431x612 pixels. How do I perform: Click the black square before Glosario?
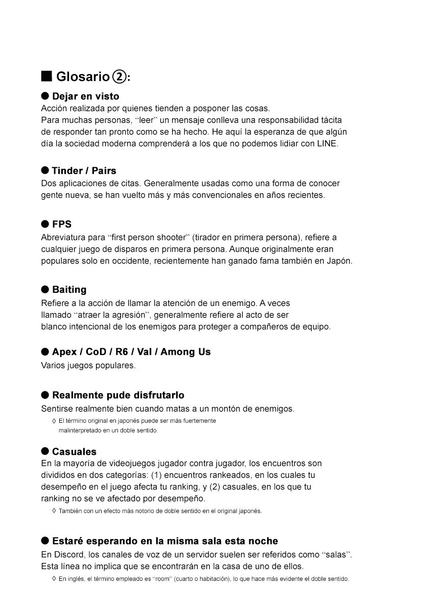point(47,76)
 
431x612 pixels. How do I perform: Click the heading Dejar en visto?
point(85,96)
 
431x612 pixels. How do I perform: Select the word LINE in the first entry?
point(327,143)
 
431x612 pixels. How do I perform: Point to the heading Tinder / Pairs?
point(84,170)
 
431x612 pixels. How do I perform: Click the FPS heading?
point(62,224)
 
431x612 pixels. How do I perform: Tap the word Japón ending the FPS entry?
point(339,261)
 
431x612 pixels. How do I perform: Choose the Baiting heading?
point(69,289)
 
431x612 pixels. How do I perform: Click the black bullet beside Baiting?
point(45,289)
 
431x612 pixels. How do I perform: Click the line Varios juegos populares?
point(88,365)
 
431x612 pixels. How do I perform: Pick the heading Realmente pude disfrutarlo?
point(118,395)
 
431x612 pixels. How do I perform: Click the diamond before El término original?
point(54,421)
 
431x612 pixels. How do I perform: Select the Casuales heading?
point(74,451)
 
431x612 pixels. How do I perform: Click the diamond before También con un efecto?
point(54,511)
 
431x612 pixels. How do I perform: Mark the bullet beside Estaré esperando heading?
point(45,541)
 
